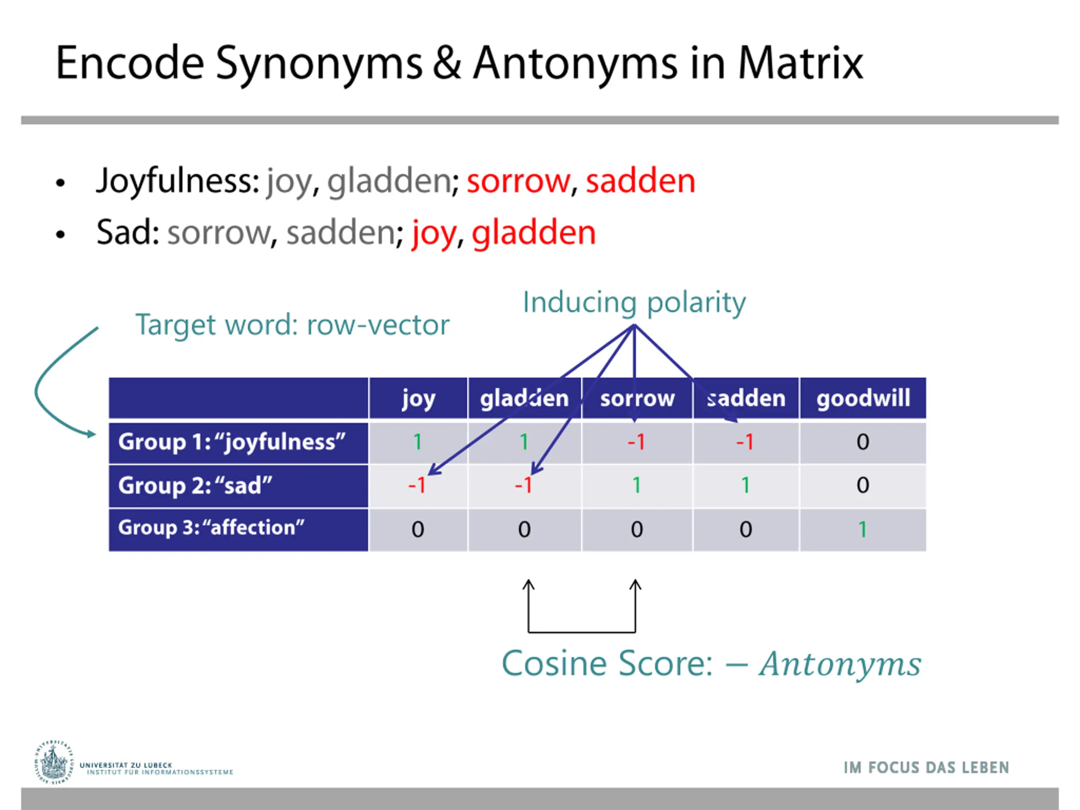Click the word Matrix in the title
[800, 63]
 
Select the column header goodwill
[863, 398]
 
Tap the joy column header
[418, 398]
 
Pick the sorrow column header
[637, 398]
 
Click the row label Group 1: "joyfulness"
[232, 442]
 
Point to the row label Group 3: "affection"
[211, 528]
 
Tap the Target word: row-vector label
[292, 325]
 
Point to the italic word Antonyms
[840, 664]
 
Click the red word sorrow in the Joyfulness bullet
[518, 181]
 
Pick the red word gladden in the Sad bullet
[534, 232]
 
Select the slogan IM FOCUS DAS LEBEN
[926, 767]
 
